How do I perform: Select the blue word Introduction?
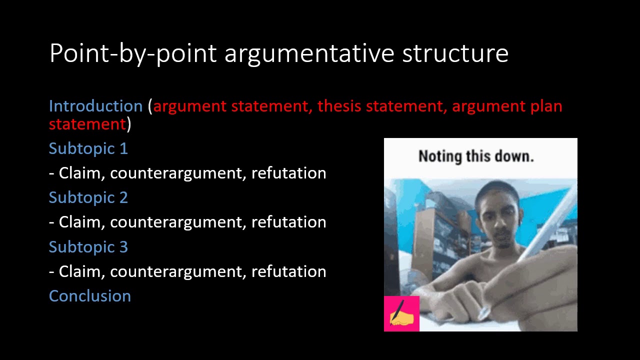pyautogui.click(x=95, y=106)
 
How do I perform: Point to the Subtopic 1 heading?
pyautogui.click(x=88, y=148)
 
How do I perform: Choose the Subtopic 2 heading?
pyautogui.click(x=88, y=197)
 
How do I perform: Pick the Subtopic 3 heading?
pyautogui.click(x=88, y=247)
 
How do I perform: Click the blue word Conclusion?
pyautogui.click(x=90, y=296)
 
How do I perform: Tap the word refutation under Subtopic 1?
pyautogui.click(x=288, y=173)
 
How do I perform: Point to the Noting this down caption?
pyautogui.click(x=476, y=156)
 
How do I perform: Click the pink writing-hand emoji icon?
pyautogui.click(x=401, y=313)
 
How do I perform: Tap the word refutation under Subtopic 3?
pyautogui.click(x=288, y=271)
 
